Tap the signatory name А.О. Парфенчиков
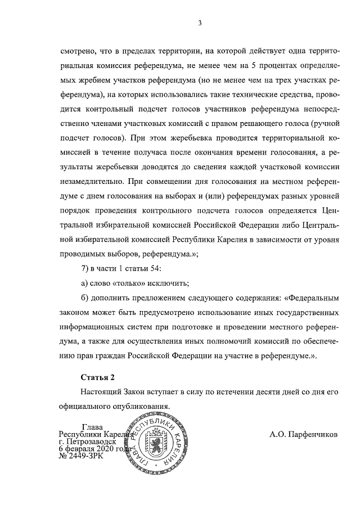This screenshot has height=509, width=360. (x=304, y=435)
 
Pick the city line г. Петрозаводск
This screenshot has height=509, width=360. (x=91, y=442)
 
